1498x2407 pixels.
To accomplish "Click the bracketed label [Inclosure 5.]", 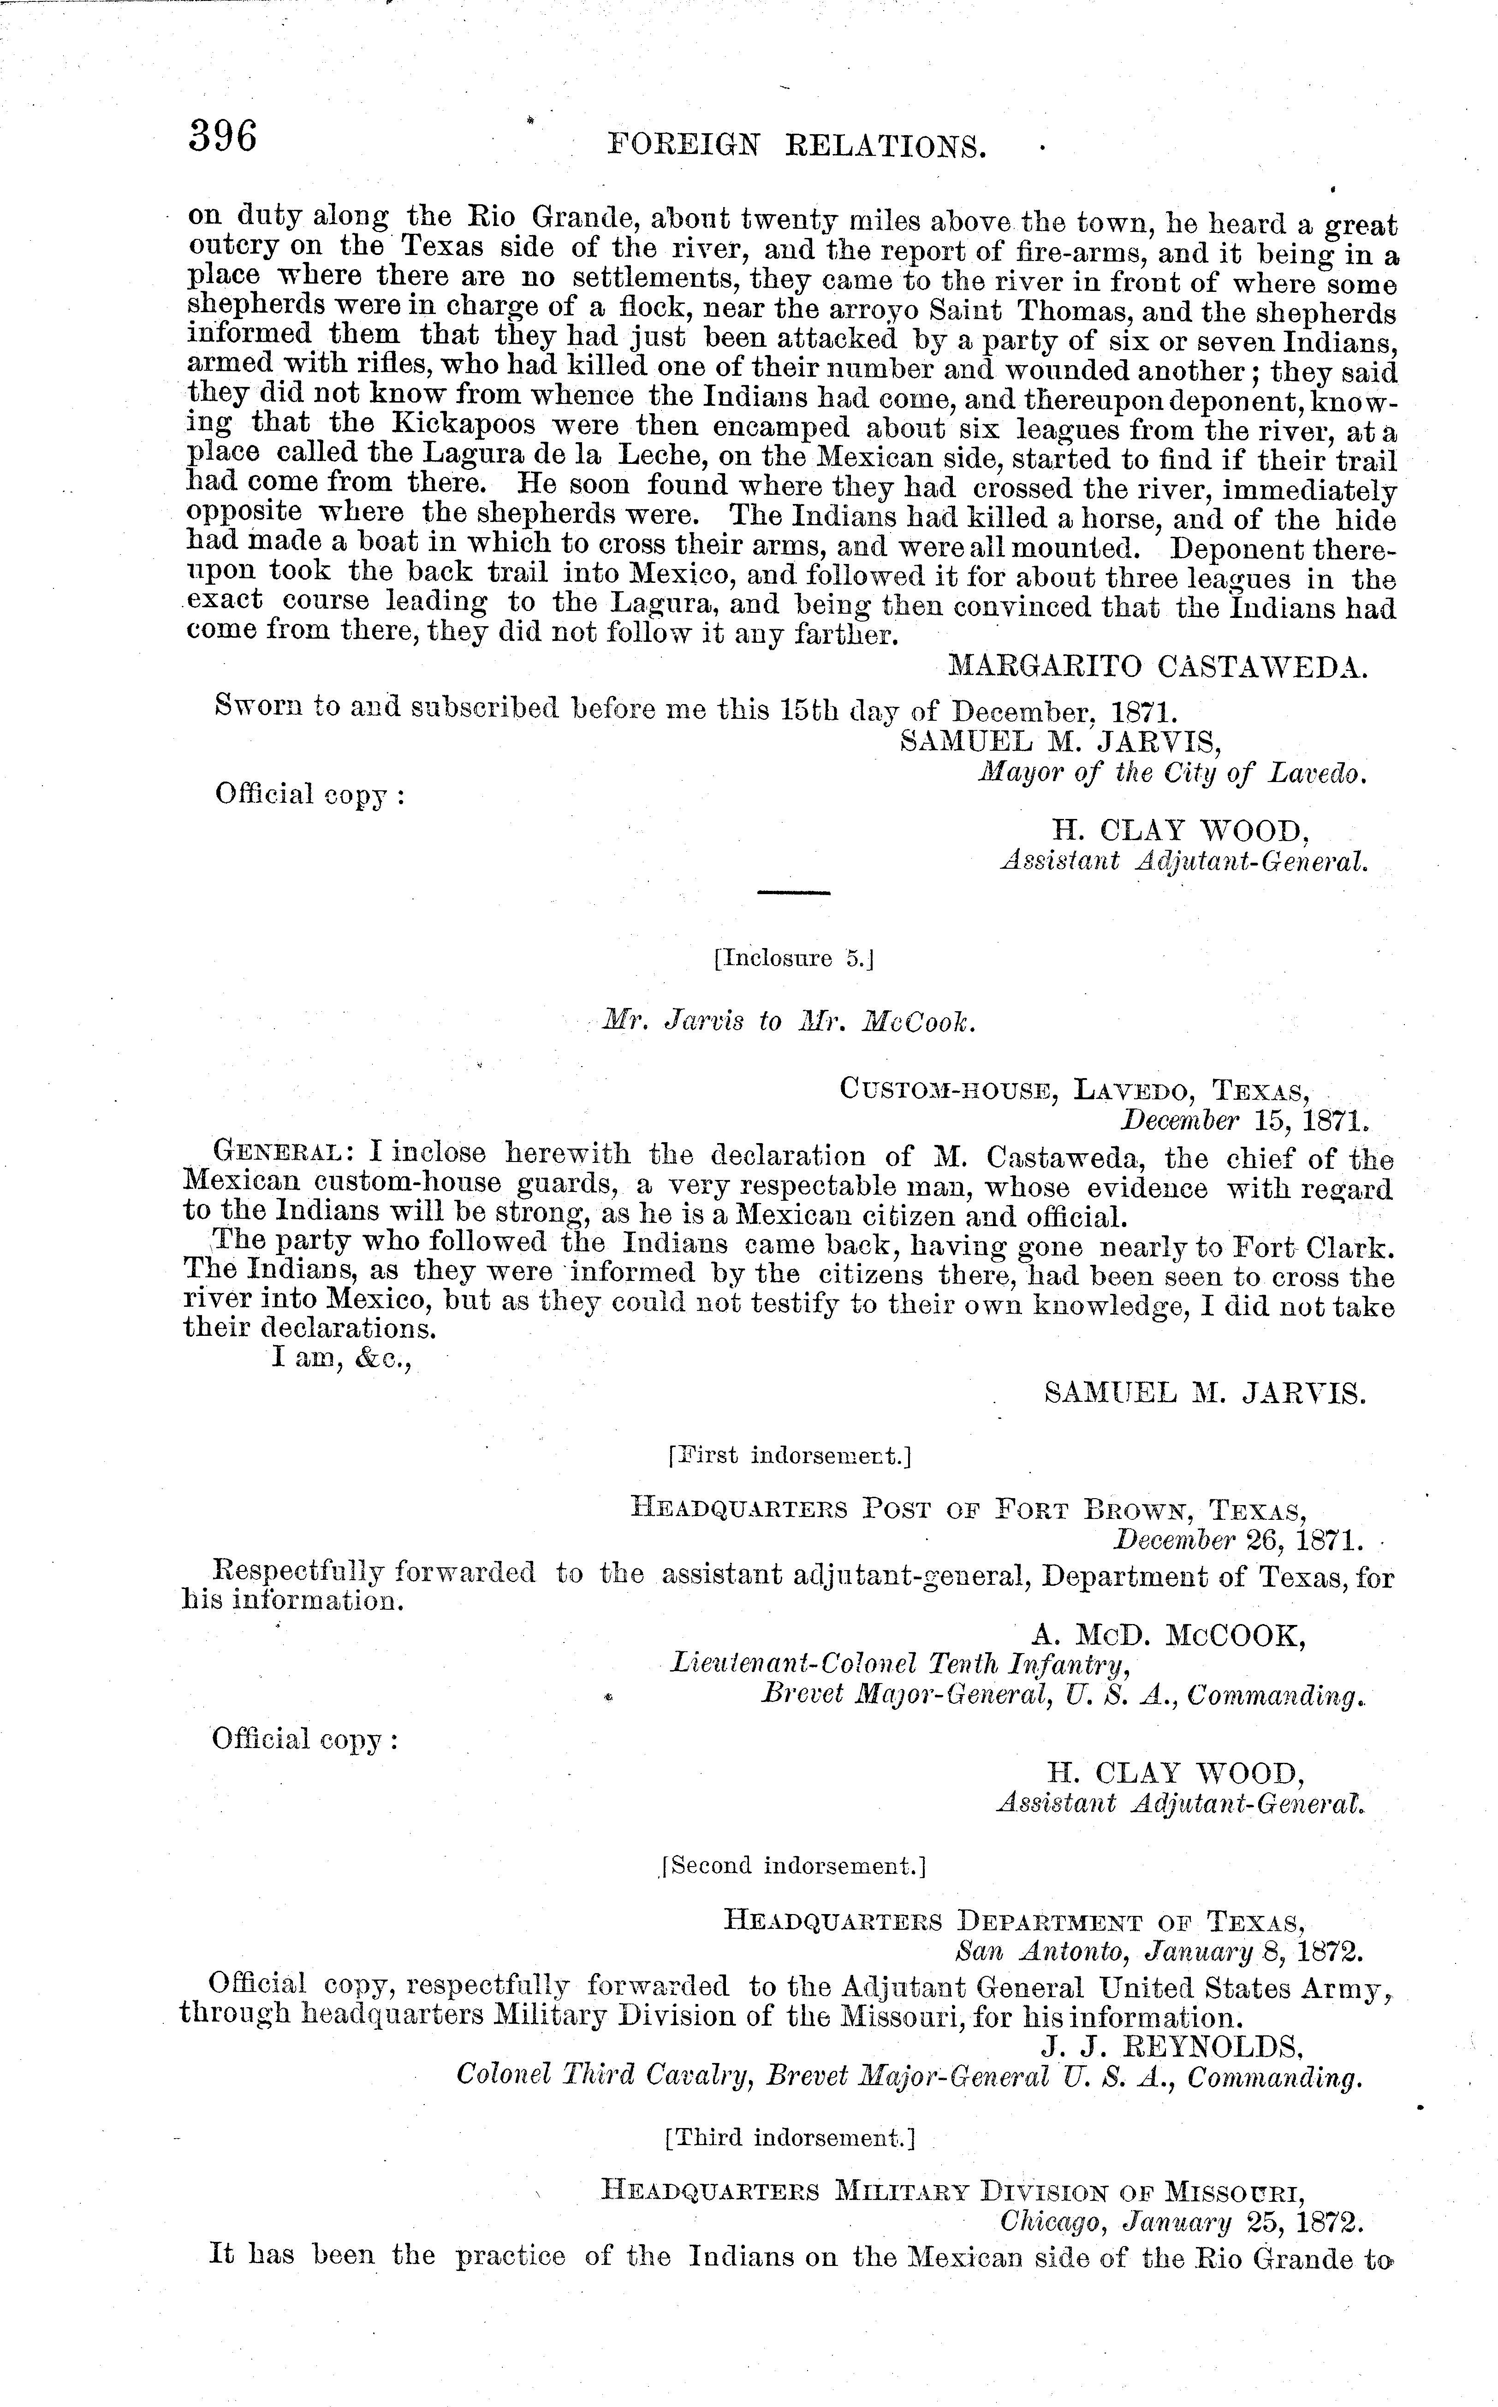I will (793, 959).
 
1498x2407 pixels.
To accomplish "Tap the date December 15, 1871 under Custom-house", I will (1243, 1120).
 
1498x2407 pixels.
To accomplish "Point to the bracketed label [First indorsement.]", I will (790, 1455).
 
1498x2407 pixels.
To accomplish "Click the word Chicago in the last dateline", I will (1050, 2222).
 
